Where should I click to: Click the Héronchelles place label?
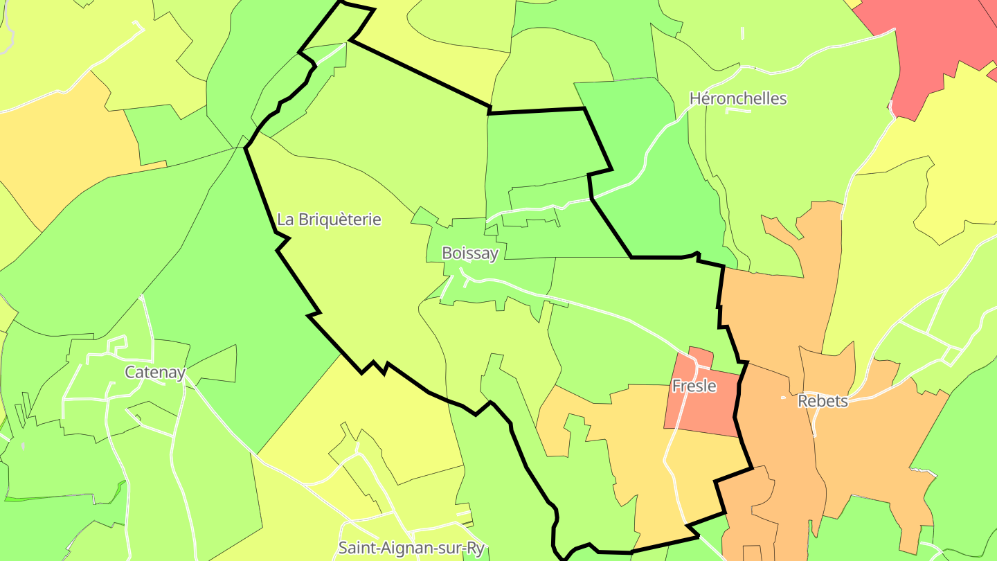(738, 98)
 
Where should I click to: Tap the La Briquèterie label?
(329, 220)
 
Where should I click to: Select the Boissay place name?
(470, 253)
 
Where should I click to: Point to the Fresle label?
(694, 386)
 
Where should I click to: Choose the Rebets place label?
(823, 401)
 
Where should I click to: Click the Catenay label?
(155, 373)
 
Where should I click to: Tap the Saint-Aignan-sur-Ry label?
(411, 549)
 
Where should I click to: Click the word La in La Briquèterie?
(285, 220)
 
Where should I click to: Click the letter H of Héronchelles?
(695, 98)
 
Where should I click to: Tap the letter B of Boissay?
(447, 253)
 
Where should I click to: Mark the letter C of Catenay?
(130, 373)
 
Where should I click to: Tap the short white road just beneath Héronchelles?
(738, 111)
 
